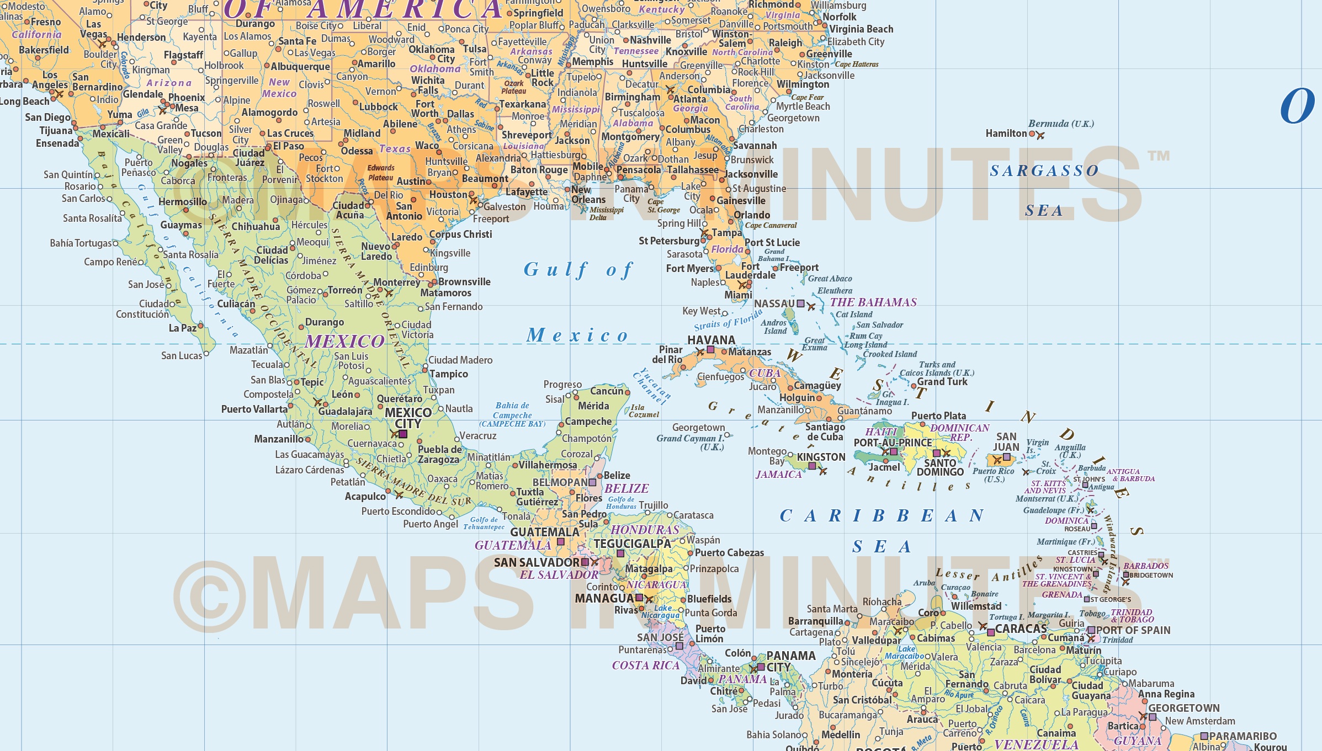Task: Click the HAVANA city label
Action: pyautogui.click(x=711, y=340)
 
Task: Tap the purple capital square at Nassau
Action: pyautogui.click(x=800, y=303)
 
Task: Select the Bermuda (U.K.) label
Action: pyautogui.click(x=1060, y=124)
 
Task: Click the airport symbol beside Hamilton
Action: pyautogui.click(x=1040, y=135)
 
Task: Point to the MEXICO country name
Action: pyautogui.click(x=344, y=342)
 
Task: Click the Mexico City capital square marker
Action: pyautogui.click(x=403, y=434)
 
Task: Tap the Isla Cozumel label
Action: pyautogui.click(x=644, y=411)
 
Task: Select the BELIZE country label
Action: pyautogui.click(x=627, y=488)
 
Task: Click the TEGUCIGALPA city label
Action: pyautogui.click(x=632, y=544)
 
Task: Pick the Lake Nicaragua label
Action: pyautogui.click(x=661, y=611)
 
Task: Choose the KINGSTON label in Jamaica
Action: pyautogui.click(x=821, y=457)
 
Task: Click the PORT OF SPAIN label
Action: pyautogui.click(x=1133, y=630)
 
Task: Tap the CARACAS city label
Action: pyautogui.click(x=1021, y=629)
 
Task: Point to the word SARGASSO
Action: pyautogui.click(x=1044, y=171)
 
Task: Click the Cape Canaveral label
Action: pyautogui.click(x=771, y=225)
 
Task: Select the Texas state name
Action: pyautogui.click(x=395, y=149)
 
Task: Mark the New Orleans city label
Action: pyautogui.click(x=588, y=194)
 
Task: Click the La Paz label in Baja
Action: pyautogui.click(x=182, y=328)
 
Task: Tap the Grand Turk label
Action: pyautogui.click(x=942, y=382)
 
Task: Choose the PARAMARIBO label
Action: pyautogui.click(x=1243, y=736)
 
